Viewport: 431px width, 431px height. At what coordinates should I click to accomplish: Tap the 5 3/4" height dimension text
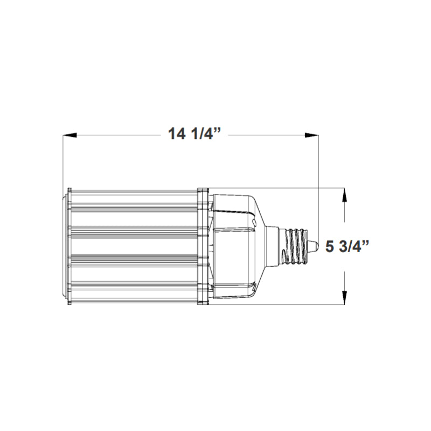click(x=347, y=247)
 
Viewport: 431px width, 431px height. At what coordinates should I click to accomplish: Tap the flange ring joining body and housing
click(x=203, y=247)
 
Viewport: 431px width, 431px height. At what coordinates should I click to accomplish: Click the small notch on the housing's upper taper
click(x=253, y=220)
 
